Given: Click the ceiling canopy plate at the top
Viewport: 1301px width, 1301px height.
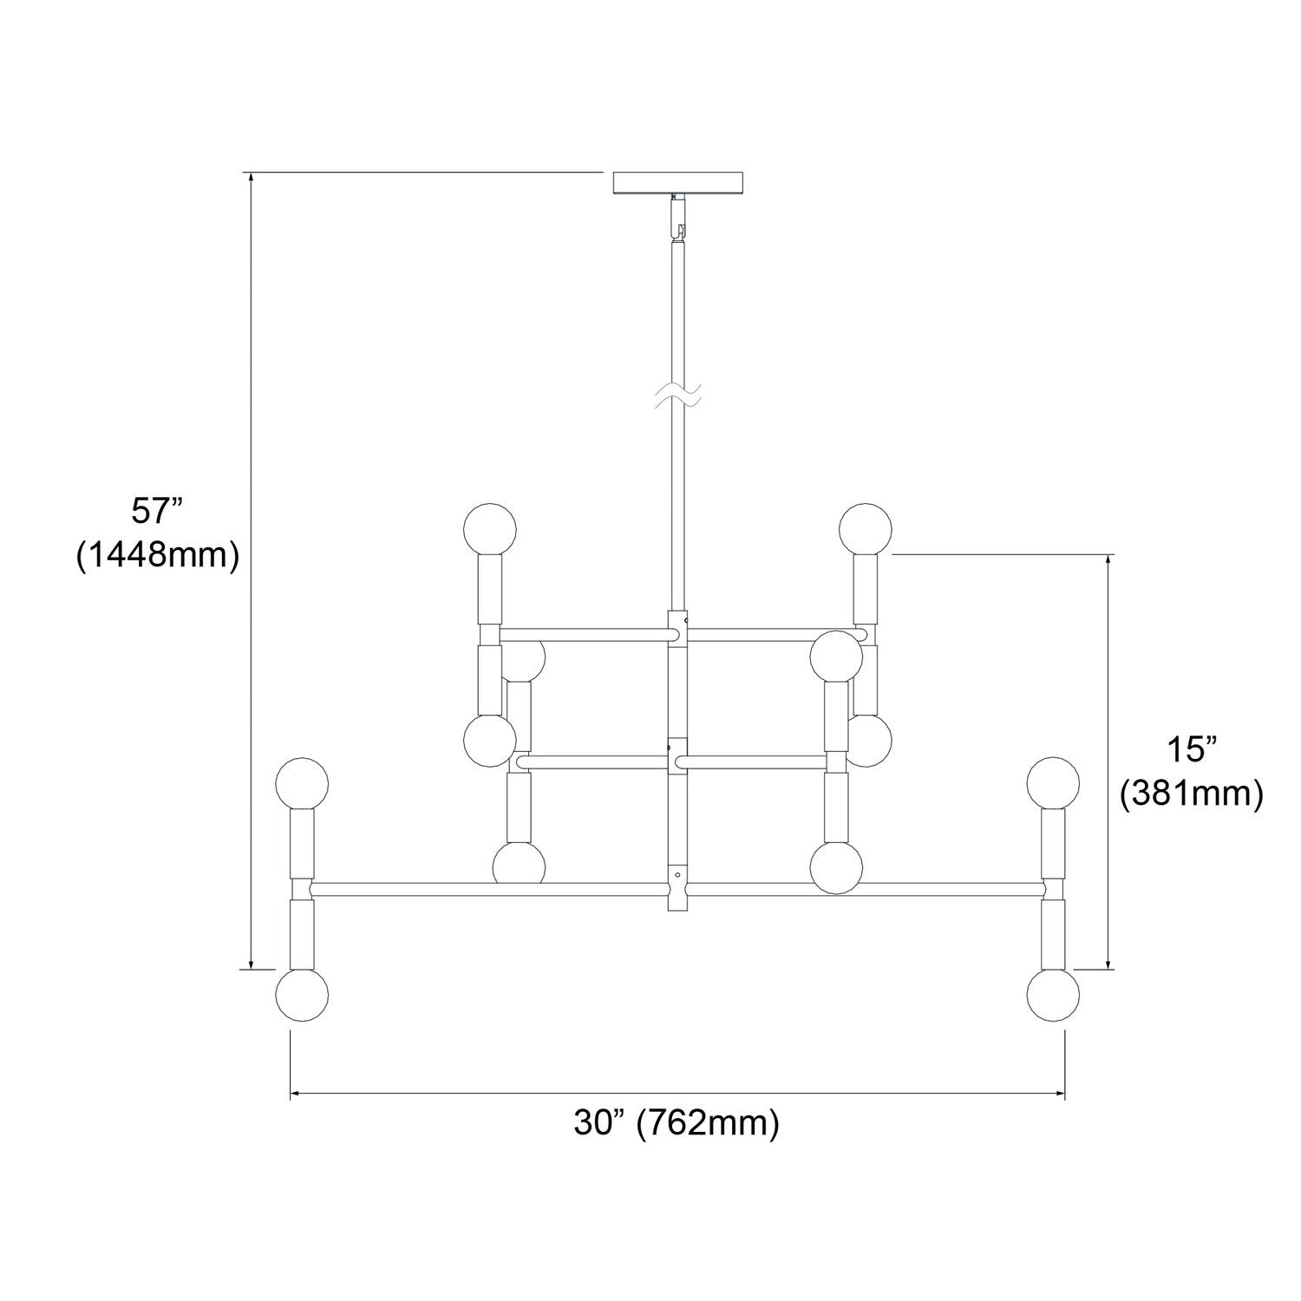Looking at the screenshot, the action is coord(678,182).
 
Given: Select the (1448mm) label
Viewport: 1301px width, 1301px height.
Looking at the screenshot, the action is coord(157,555).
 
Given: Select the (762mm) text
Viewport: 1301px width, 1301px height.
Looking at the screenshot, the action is coord(708,1124).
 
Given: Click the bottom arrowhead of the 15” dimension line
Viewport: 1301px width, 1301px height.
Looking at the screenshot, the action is coord(1108,960).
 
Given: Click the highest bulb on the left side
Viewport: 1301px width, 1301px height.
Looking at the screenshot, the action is coord(490,528).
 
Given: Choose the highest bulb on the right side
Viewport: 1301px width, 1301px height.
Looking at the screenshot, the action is coord(866,528).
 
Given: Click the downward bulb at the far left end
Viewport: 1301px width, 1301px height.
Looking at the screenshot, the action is coord(302,995).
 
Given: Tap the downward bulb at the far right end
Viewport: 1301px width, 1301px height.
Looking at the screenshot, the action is coord(1053,995).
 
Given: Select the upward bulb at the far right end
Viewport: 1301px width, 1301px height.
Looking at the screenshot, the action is coord(1053,782).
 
